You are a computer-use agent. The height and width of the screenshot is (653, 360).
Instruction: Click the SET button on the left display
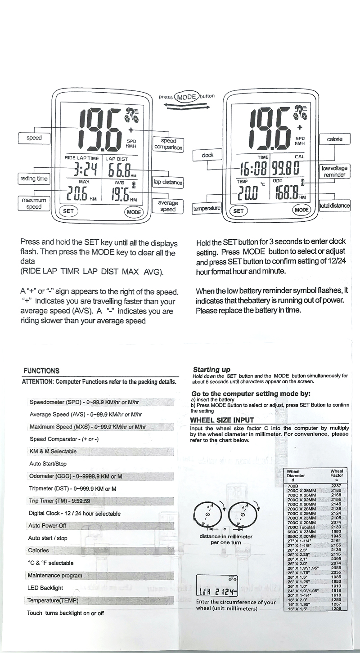pos(69,210)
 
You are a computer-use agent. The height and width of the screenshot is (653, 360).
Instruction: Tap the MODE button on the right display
pos(301,210)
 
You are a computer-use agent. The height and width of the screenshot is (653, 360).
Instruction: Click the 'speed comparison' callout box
pos(168,143)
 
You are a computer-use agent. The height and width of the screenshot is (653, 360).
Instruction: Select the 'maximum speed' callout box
pos(33,203)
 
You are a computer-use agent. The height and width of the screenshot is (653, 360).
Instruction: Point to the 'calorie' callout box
pos(335,139)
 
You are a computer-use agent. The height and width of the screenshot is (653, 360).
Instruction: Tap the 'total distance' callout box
pos(334,206)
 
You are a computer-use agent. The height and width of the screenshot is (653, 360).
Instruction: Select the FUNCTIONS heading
pos(41,371)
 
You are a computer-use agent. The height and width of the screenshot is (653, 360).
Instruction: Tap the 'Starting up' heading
pos(211,369)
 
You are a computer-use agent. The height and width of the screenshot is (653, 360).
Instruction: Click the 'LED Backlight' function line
pos(45,588)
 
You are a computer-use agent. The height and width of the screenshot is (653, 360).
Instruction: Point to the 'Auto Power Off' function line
pos(47,525)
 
